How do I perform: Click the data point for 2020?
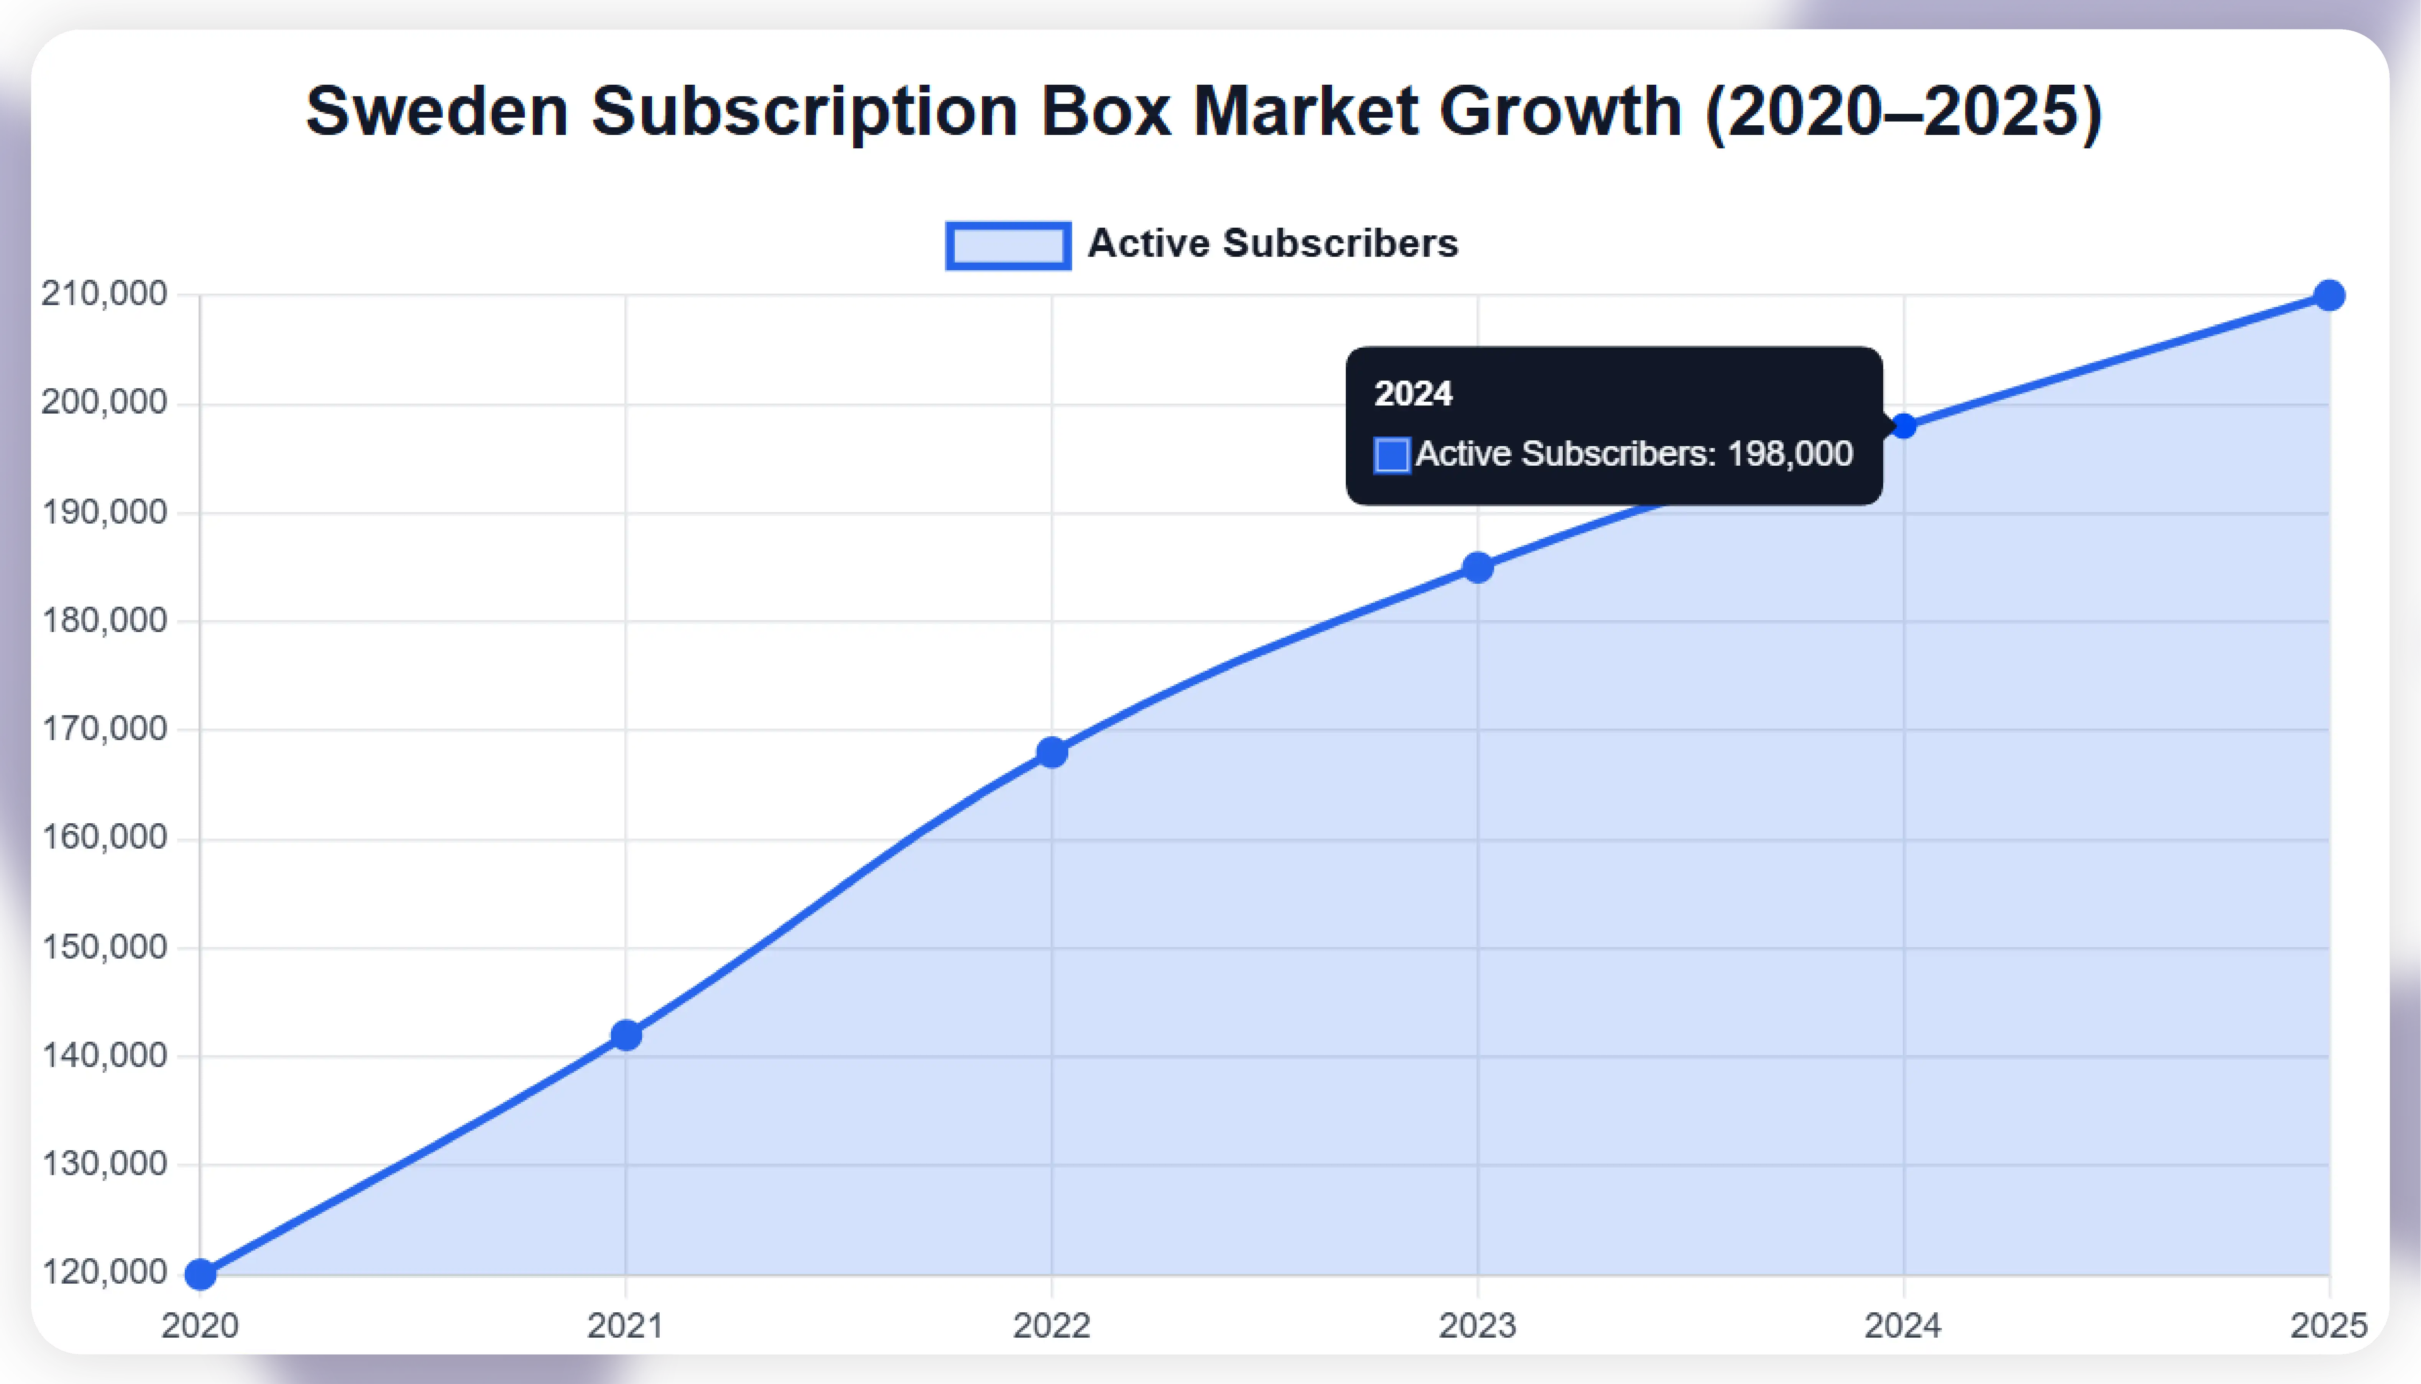200,1274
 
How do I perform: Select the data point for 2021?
626,1035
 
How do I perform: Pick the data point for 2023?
1477,568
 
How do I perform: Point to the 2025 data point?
2329,296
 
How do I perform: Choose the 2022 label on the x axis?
1051,1325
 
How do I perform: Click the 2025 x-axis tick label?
2329,1325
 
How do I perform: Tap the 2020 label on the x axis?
200,1325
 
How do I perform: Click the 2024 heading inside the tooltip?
1413,394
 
